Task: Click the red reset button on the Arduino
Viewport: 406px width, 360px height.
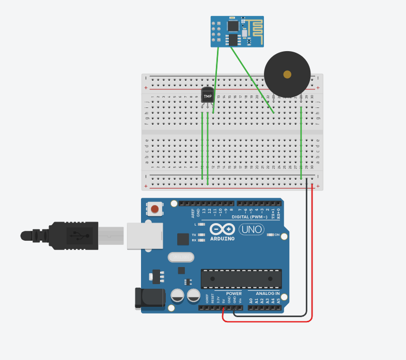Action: [155, 210]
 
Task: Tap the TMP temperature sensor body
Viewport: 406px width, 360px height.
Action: [208, 96]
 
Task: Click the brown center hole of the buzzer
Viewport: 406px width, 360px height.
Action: [287, 75]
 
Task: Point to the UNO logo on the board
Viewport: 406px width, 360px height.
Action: [252, 229]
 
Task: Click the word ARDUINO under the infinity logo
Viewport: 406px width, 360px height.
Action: [223, 239]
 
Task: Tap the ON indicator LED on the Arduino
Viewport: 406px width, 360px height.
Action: [270, 235]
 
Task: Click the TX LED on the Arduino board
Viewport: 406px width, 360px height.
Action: [201, 235]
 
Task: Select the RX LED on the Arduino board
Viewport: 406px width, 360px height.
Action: [201, 240]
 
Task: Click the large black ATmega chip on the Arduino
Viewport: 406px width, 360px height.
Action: [241, 278]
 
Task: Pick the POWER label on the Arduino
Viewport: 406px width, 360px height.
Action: [233, 293]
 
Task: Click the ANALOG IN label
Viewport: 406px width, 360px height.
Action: [268, 293]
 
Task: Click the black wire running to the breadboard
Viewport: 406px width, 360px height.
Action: [306, 258]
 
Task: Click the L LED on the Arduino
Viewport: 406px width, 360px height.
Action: [201, 225]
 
